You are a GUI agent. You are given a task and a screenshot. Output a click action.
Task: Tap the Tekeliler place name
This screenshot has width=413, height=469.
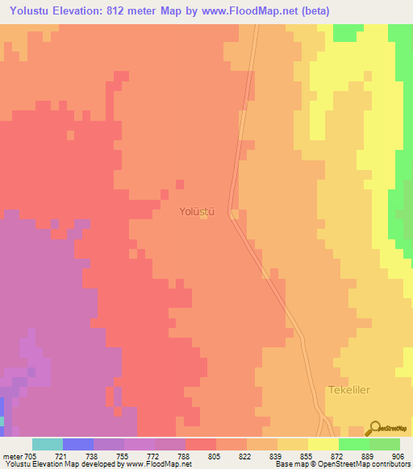[349, 389]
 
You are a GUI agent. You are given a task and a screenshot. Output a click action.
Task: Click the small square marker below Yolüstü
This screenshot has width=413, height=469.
[203, 215]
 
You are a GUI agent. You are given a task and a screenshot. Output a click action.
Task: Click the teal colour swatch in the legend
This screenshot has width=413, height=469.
[48, 444]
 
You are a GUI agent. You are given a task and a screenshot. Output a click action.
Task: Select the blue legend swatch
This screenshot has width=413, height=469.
[78, 444]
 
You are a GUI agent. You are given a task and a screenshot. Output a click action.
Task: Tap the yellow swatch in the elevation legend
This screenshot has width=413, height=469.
[323, 444]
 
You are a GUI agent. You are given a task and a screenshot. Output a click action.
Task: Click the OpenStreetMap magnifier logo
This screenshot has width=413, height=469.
[373, 429]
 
